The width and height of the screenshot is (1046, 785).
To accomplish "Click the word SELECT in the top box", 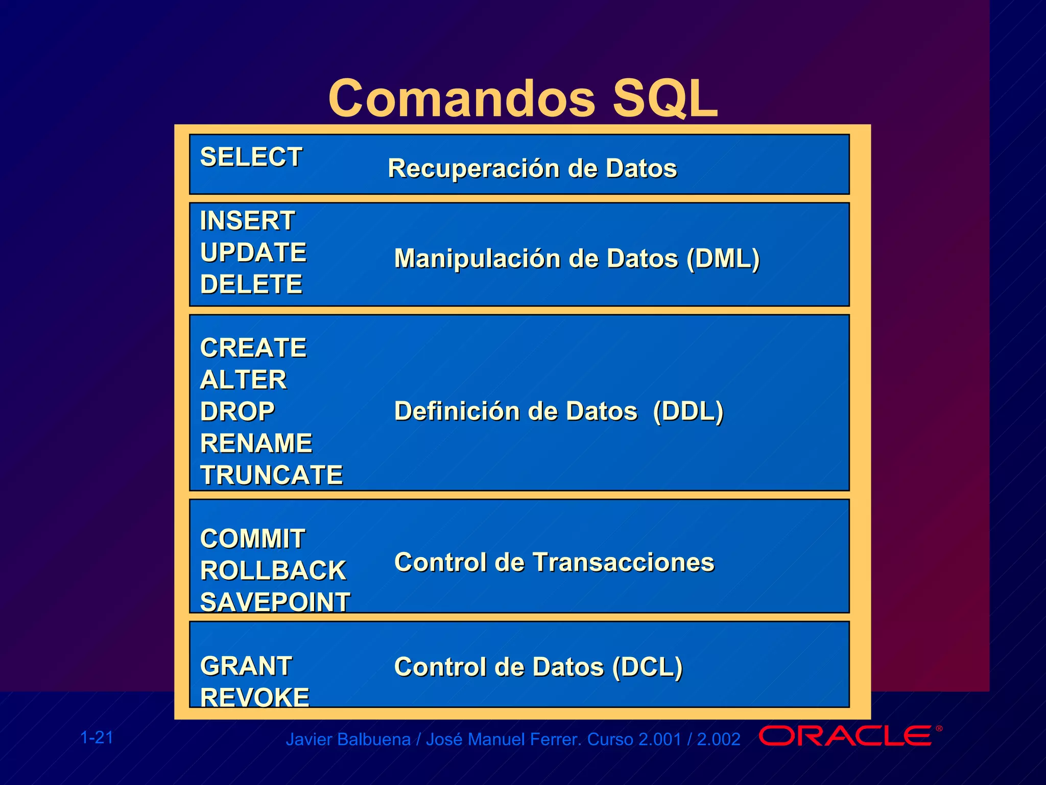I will click(x=251, y=157).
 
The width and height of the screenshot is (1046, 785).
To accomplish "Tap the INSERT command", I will click(x=247, y=221).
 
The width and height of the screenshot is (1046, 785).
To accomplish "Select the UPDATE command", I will click(x=253, y=252).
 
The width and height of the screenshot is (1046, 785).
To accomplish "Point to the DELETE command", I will click(x=251, y=284).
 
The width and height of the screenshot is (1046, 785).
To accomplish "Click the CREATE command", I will click(x=253, y=348).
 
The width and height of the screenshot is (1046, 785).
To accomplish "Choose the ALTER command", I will click(x=243, y=380).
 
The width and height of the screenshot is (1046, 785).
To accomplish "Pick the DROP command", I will click(x=237, y=411).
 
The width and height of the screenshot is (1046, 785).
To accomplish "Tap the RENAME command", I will click(x=256, y=443).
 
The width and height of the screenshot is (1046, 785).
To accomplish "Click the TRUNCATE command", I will click(x=271, y=475).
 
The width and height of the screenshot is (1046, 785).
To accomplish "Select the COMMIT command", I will click(x=252, y=539).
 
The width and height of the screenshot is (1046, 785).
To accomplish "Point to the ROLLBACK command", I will click(x=273, y=570).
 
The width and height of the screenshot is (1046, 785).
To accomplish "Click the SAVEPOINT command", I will click(x=275, y=602).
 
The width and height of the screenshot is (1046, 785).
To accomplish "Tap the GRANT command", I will click(x=246, y=666).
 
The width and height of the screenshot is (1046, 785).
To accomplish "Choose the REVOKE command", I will click(x=254, y=698).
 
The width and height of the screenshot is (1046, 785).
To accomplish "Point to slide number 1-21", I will click(x=97, y=737).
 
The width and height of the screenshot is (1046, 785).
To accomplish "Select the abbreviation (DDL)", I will click(x=688, y=411).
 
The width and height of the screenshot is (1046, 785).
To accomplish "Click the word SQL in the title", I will click(x=665, y=98).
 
